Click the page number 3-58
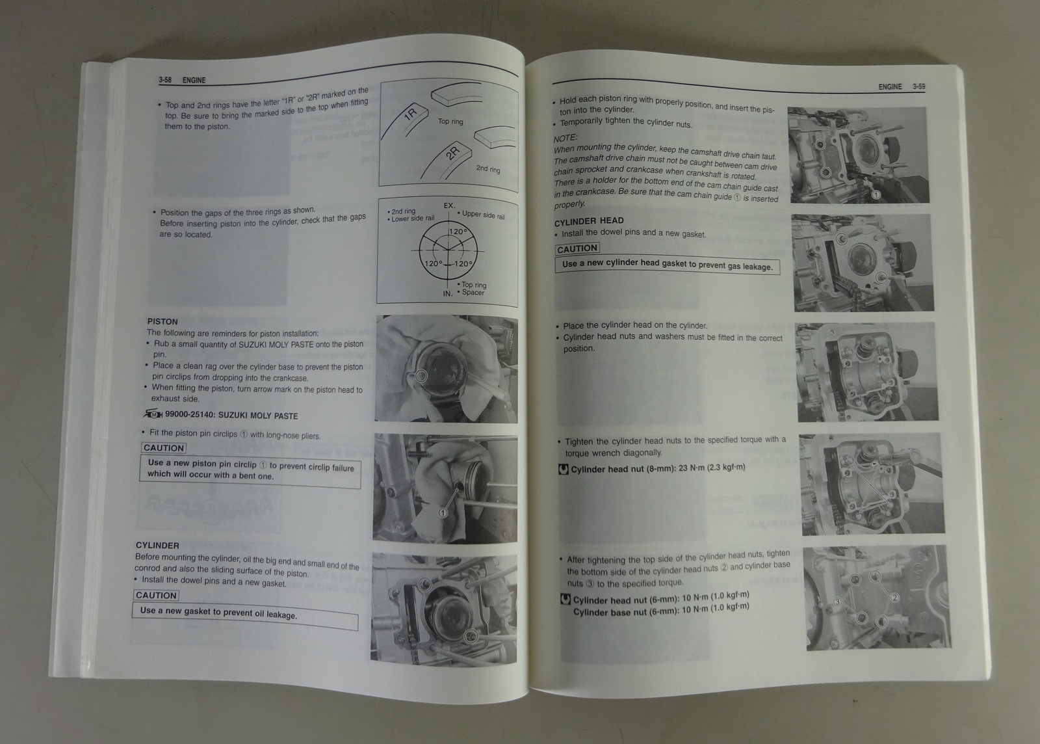pyautogui.click(x=165, y=80)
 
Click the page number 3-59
pyautogui.click(x=918, y=87)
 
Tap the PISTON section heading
pyautogui.click(x=162, y=321)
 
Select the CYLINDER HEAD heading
pyautogui.click(x=589, y=221)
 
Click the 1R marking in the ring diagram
pyautogui.click(x=411, y=113)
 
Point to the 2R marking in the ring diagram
pyautogui.click(x=452, y=152)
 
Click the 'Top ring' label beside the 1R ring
pyautogui.click(x=450, y=121)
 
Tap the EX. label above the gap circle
pyautogui.click(x=449, y=206)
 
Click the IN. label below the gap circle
pyautogui.click(x=448, y=293)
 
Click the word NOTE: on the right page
pyautogui.click(x=565, y=138)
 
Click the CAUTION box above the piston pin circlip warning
pyautogui.click(x=163, y=447)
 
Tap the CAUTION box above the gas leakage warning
pyautogui.click(x=577, y=249)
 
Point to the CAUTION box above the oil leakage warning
pyautogui.click(x=156, y=595)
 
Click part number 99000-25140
pyautogui.click(x=190, y=415)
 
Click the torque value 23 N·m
pyautogui.click(x=691, y=468)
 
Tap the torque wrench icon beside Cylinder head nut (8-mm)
pyautogui.click(x=563, y=469)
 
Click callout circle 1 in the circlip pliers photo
pyautogui.click(x=443, y=512)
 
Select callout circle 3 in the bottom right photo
pyautogui.click(x=837, y=602)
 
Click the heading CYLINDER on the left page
pyautogui.click(x=157, y=545)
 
